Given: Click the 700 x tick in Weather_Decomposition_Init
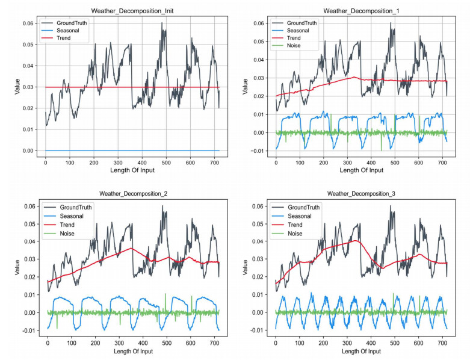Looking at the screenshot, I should click(x=214, y=162).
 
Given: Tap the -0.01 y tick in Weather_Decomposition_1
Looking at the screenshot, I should click(x=258, y=151).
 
